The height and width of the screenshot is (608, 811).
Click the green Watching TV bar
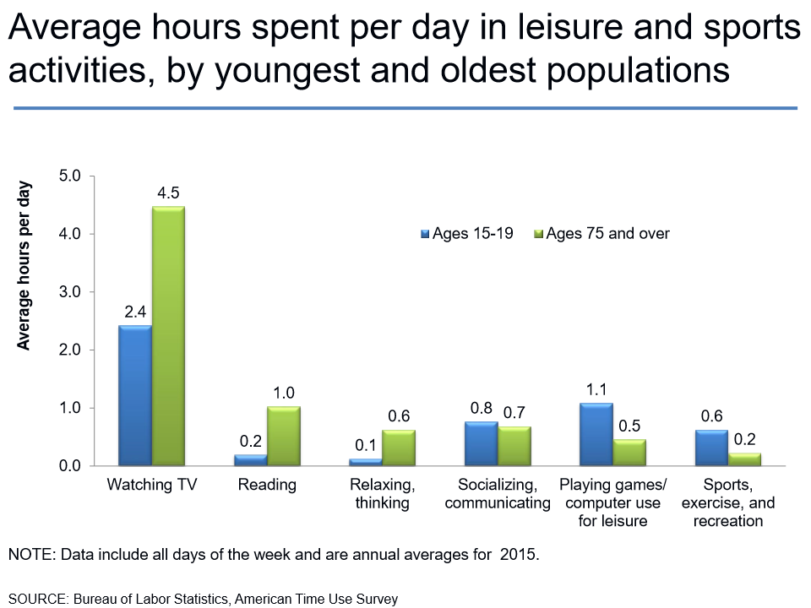point(168,336)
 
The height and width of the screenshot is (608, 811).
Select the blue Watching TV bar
point(135,395)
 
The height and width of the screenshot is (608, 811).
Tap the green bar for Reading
point(284,436)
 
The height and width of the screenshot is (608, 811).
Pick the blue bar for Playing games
point(596,434)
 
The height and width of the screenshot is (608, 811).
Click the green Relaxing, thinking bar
point(399,448)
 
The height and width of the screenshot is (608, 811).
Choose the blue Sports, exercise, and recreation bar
point(711,448)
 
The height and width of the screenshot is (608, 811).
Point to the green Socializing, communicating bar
point(514,446)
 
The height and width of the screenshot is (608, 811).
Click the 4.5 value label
point(168,193)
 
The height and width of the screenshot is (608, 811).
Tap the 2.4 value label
point(135,312)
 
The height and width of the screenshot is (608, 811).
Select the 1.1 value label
point(596,390)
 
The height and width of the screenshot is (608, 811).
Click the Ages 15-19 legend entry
point(467,234)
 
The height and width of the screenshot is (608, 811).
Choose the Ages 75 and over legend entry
point(601,234)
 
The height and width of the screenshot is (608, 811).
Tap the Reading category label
point(267,486)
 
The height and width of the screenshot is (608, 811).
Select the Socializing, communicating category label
point(498,494)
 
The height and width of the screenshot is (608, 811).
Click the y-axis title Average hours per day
point(24,264)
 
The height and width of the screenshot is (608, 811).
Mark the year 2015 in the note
point(518,555)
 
